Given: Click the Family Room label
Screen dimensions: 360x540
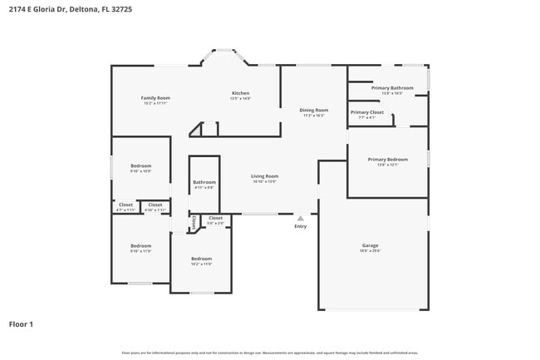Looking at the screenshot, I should tap(155, 98).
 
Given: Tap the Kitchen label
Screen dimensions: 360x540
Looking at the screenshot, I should tap(240, 93).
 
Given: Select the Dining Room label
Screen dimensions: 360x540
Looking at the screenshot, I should tap(314, 110).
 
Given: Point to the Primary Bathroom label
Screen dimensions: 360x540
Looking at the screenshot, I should tap(392, 87).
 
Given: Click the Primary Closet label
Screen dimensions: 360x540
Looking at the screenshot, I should tap(366, 112).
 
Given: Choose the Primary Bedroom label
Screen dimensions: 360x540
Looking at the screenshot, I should tap(388, 160).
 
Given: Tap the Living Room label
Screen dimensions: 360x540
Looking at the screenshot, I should tap(265, 175).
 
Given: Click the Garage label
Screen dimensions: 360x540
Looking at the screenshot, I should tap(370, 245).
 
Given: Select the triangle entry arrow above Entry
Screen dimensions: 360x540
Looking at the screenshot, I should tap(301, 218).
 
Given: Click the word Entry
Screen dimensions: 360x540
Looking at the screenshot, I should tap(301, 226).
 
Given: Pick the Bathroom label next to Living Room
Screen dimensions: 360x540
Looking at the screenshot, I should tap(204, 182).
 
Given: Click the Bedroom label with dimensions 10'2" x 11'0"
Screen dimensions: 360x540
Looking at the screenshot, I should tap(201, 259).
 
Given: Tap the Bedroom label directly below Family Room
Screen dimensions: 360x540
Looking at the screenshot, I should tap(141, 166).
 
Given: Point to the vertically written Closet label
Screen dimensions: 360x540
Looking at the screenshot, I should tap(194, 223).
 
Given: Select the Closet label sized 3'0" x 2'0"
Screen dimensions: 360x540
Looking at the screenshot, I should tap(215, 218).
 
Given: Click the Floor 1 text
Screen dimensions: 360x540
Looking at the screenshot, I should tap(21, 323).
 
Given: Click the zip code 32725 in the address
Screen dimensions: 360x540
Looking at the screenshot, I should tap(120, 8).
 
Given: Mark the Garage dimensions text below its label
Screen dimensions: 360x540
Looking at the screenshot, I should tap(370, 251).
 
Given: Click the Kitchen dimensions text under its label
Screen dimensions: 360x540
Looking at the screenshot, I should tap(240, 99).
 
